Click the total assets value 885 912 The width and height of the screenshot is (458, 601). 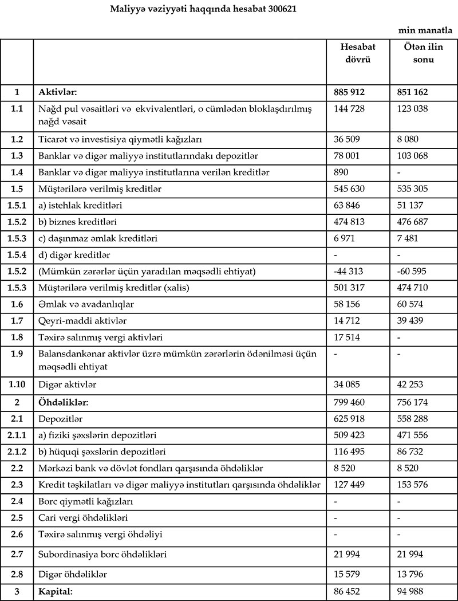pos(349,92)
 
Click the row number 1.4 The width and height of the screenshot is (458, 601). pos(17,172)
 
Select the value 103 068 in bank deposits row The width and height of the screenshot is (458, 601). pos(412,155)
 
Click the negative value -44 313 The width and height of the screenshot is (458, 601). pos(348,271)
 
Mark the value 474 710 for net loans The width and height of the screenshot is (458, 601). pos(412,288)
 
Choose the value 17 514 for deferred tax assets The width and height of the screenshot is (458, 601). pos(345,337)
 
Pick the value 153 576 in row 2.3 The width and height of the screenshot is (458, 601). pos(412,485)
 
